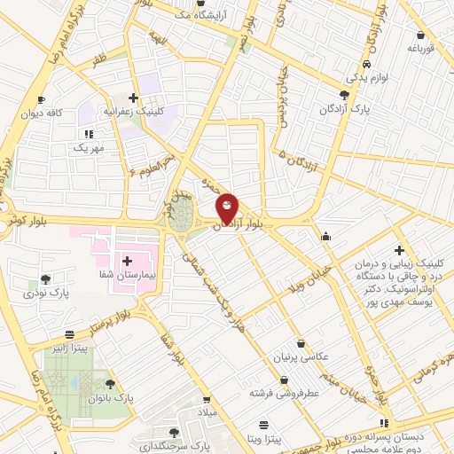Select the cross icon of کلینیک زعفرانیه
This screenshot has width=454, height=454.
coord(133,98)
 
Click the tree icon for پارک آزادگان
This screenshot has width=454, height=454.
coord(345,94)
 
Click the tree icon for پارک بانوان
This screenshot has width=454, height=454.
coord(110,384)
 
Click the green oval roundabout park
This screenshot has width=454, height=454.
coord(183,215)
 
